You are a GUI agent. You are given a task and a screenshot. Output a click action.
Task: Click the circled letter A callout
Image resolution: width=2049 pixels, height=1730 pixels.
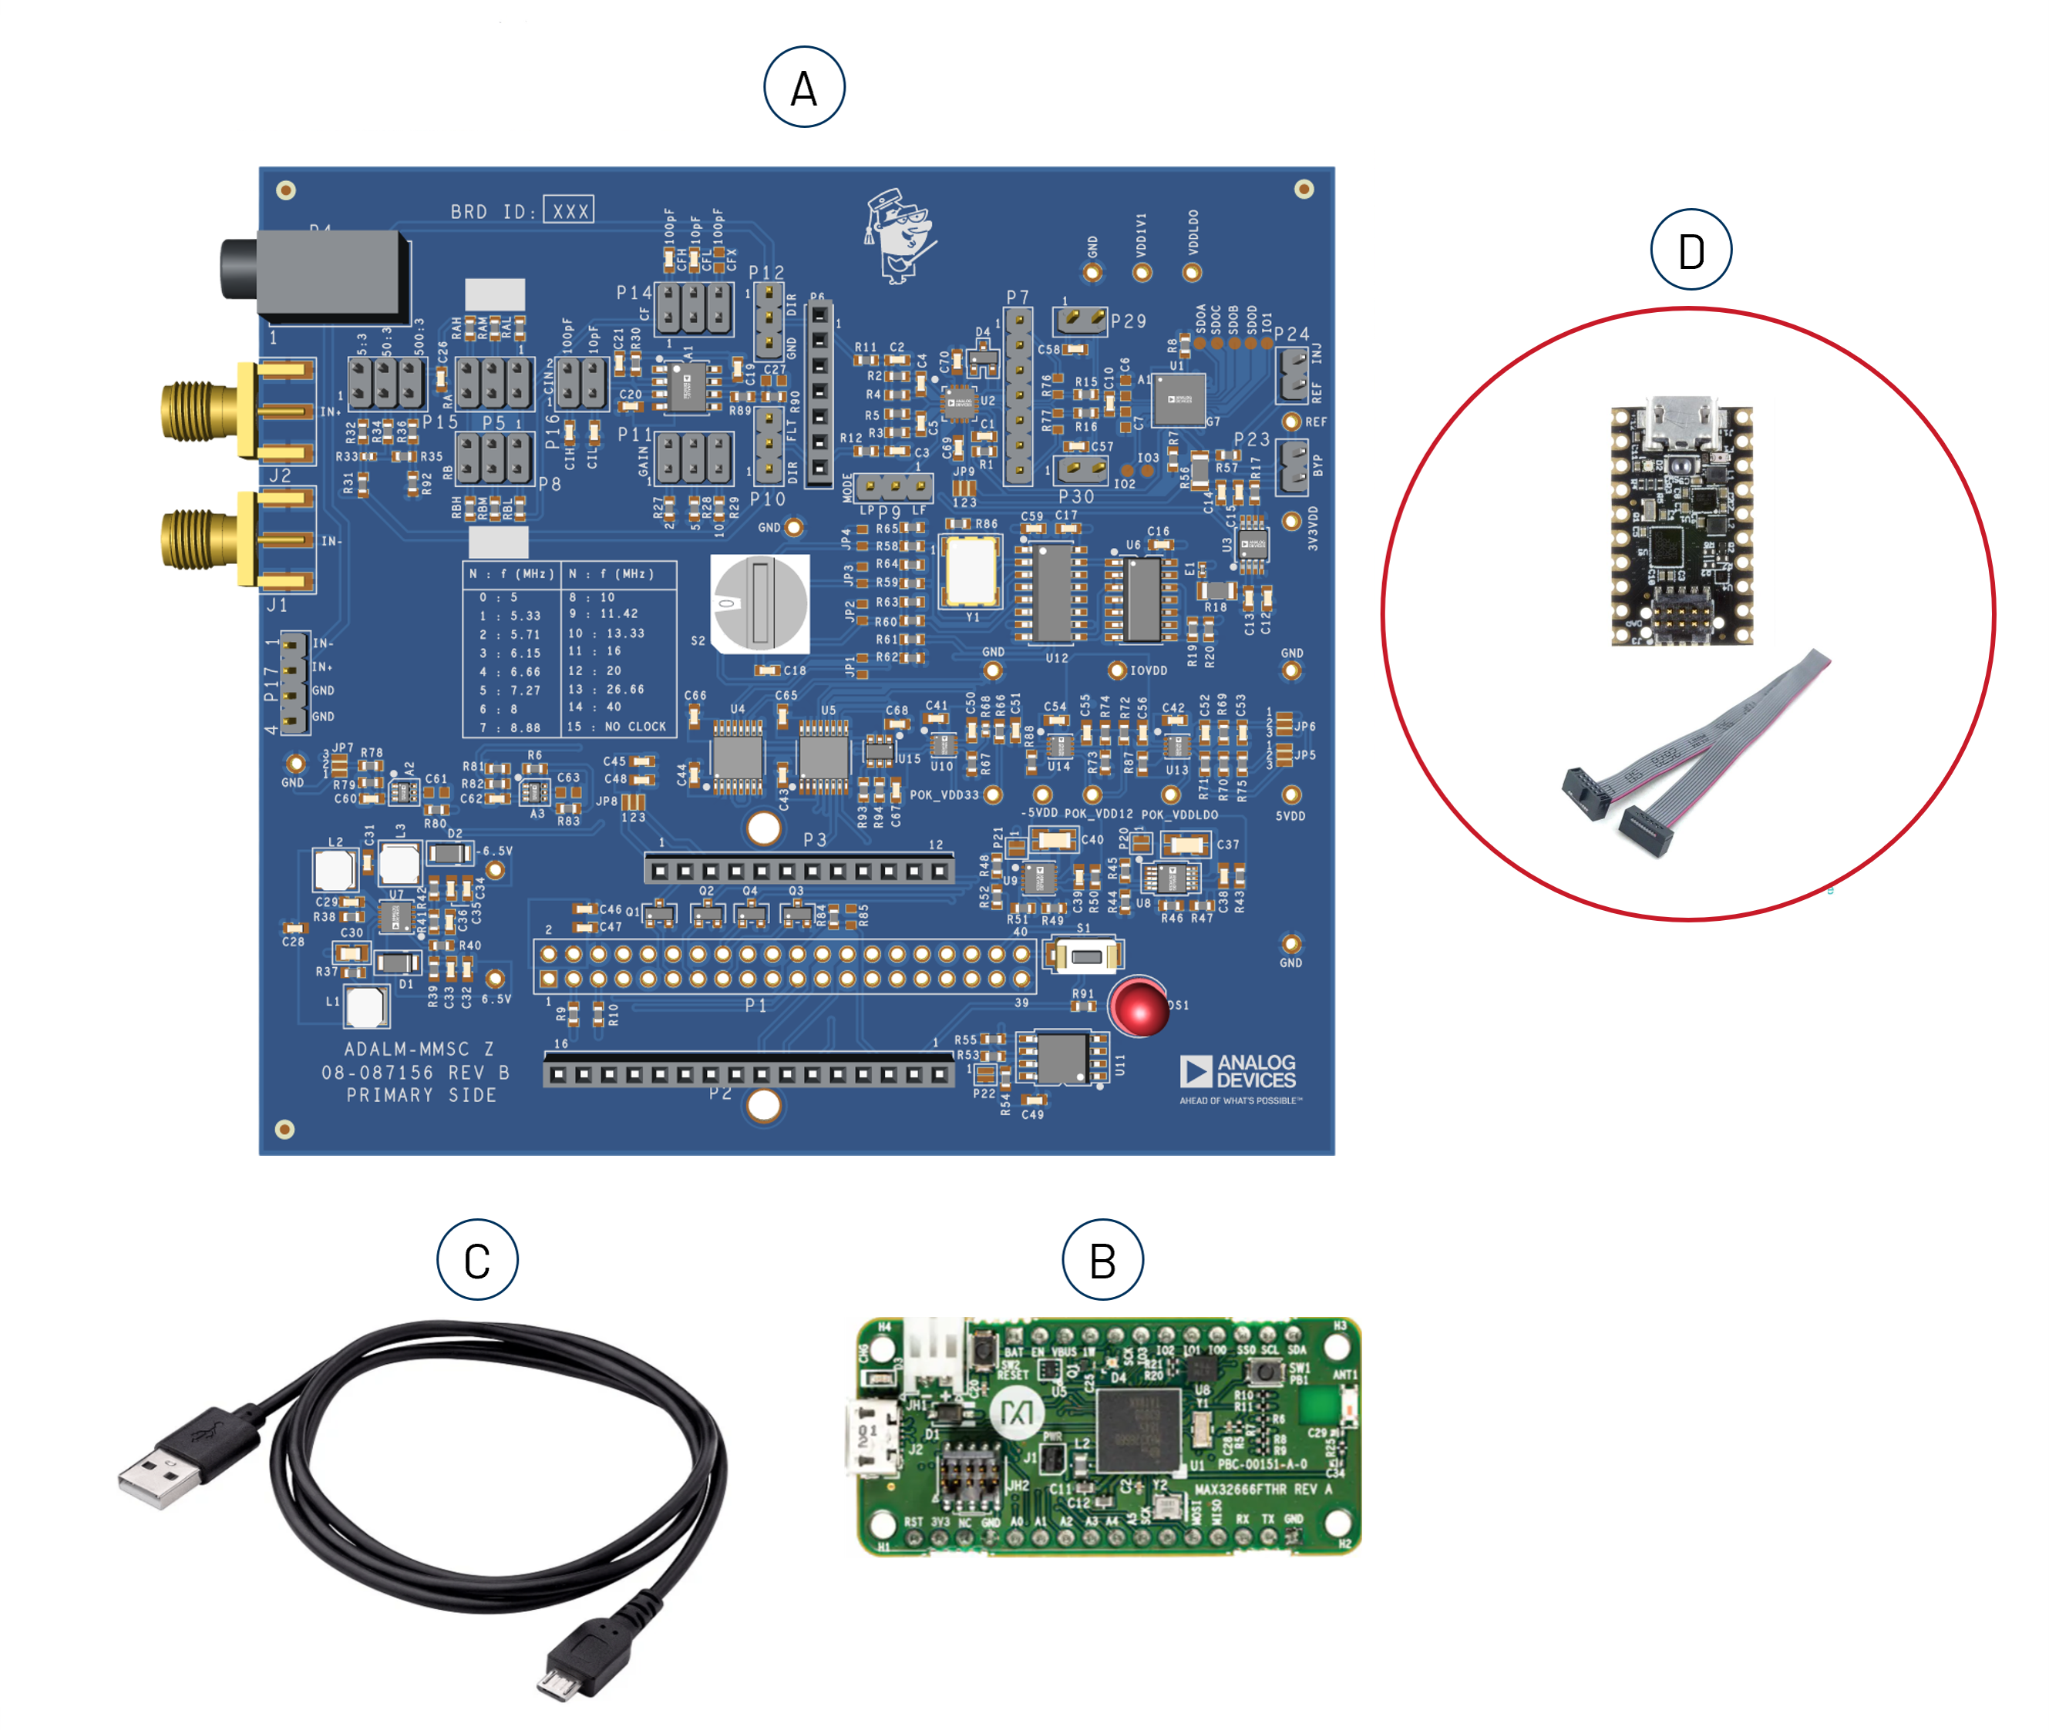803,86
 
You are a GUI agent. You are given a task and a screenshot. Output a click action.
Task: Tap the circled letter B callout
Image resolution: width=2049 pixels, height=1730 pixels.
1102,1259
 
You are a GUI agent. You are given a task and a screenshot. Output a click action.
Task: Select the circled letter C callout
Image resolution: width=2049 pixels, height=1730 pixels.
476,1259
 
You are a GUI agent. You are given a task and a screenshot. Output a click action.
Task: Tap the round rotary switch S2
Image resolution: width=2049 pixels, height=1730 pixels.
760,603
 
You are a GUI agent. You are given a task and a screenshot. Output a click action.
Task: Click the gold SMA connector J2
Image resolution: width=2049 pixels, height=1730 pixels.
201,411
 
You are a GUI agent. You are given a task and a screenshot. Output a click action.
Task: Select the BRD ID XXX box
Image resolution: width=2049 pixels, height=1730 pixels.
568,210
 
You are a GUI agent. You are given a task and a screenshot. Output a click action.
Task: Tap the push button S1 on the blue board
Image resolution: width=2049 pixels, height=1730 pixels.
1083,956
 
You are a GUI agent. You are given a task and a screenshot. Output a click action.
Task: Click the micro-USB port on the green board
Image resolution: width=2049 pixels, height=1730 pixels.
871,1439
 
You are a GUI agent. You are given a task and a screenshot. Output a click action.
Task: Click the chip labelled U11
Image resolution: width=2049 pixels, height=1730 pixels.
1062,1058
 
